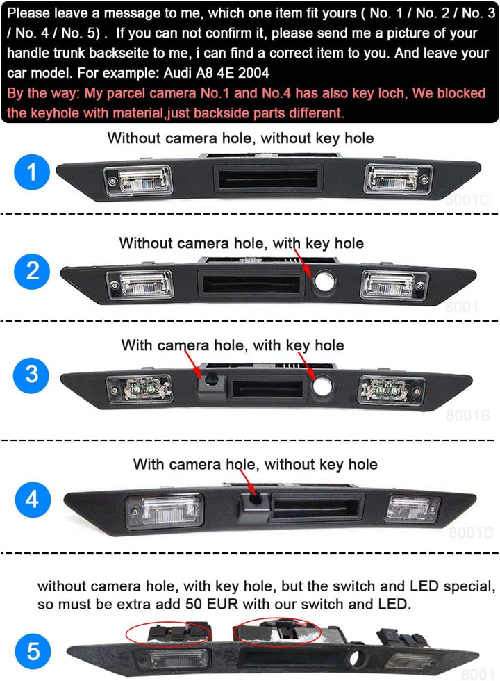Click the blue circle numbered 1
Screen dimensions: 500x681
[32, 172]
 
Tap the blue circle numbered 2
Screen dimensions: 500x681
[32, 272]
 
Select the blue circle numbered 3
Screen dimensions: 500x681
[31, 375]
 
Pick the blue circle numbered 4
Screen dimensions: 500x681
[33, 500]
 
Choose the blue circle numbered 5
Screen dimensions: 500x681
[33, 652]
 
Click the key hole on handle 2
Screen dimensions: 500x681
[324, 281]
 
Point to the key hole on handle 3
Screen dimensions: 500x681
[322, 386]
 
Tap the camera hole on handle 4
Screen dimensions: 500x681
[256, 499]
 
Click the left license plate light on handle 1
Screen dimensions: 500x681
[138, 180]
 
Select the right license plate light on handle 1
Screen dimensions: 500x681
[399, 179]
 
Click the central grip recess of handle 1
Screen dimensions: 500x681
[268, 178]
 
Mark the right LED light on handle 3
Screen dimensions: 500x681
[390, 389]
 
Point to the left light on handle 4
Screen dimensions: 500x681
[164, 512]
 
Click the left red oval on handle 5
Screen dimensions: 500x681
[167, 634]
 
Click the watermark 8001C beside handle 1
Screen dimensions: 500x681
[467, 200]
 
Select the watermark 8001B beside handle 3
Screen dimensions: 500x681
[468, 416]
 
